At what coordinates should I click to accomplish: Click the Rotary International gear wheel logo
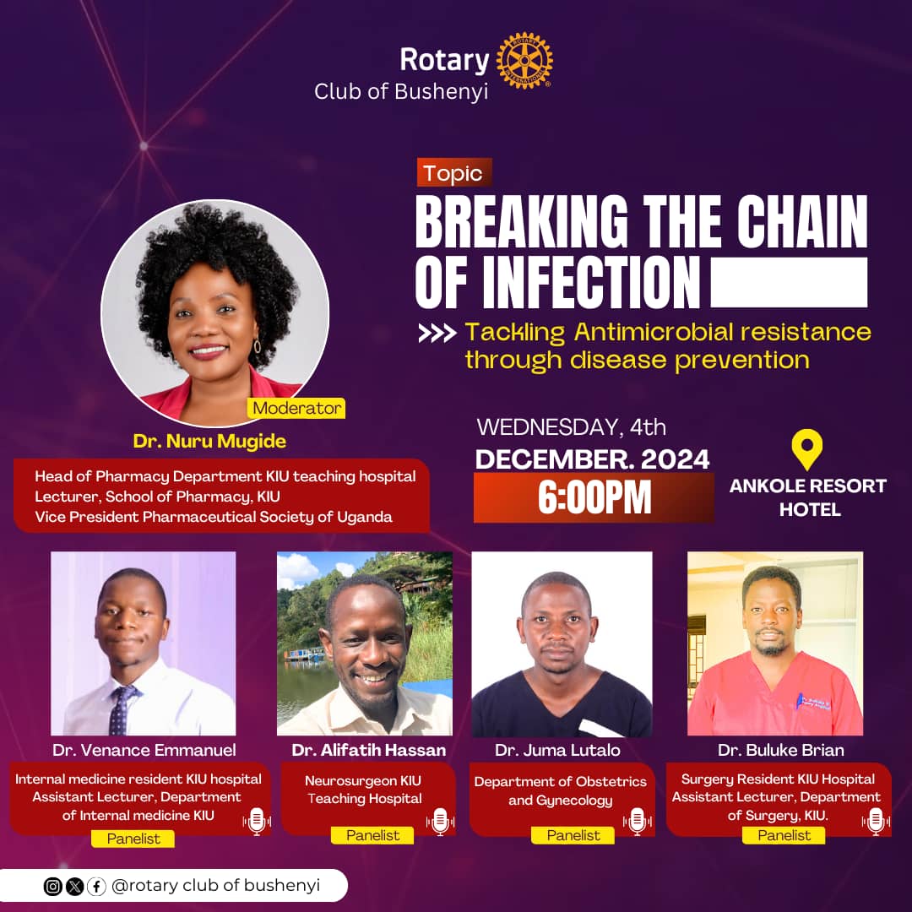[x=524, y=61]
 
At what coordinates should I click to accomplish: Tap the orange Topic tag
[x=453, y=173]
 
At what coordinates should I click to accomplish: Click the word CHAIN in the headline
[x=803, y=222]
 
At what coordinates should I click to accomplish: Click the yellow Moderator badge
[x=296, y=408]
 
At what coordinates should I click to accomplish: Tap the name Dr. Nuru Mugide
[x=209, y=441]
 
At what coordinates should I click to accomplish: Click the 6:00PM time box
[x=594, y=498]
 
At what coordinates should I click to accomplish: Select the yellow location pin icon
[x=807, y=450]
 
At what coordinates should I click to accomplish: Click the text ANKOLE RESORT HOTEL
[x=808, y=497]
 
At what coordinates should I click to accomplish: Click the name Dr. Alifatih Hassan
[x=369, y=750]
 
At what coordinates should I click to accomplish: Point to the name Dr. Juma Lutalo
[x=557, y=750]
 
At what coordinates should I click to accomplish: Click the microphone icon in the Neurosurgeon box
[x=439, y=821]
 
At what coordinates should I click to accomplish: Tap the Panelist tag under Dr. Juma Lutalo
[x=573, y=835]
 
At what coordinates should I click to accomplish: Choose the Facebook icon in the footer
[x=96, y=887]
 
